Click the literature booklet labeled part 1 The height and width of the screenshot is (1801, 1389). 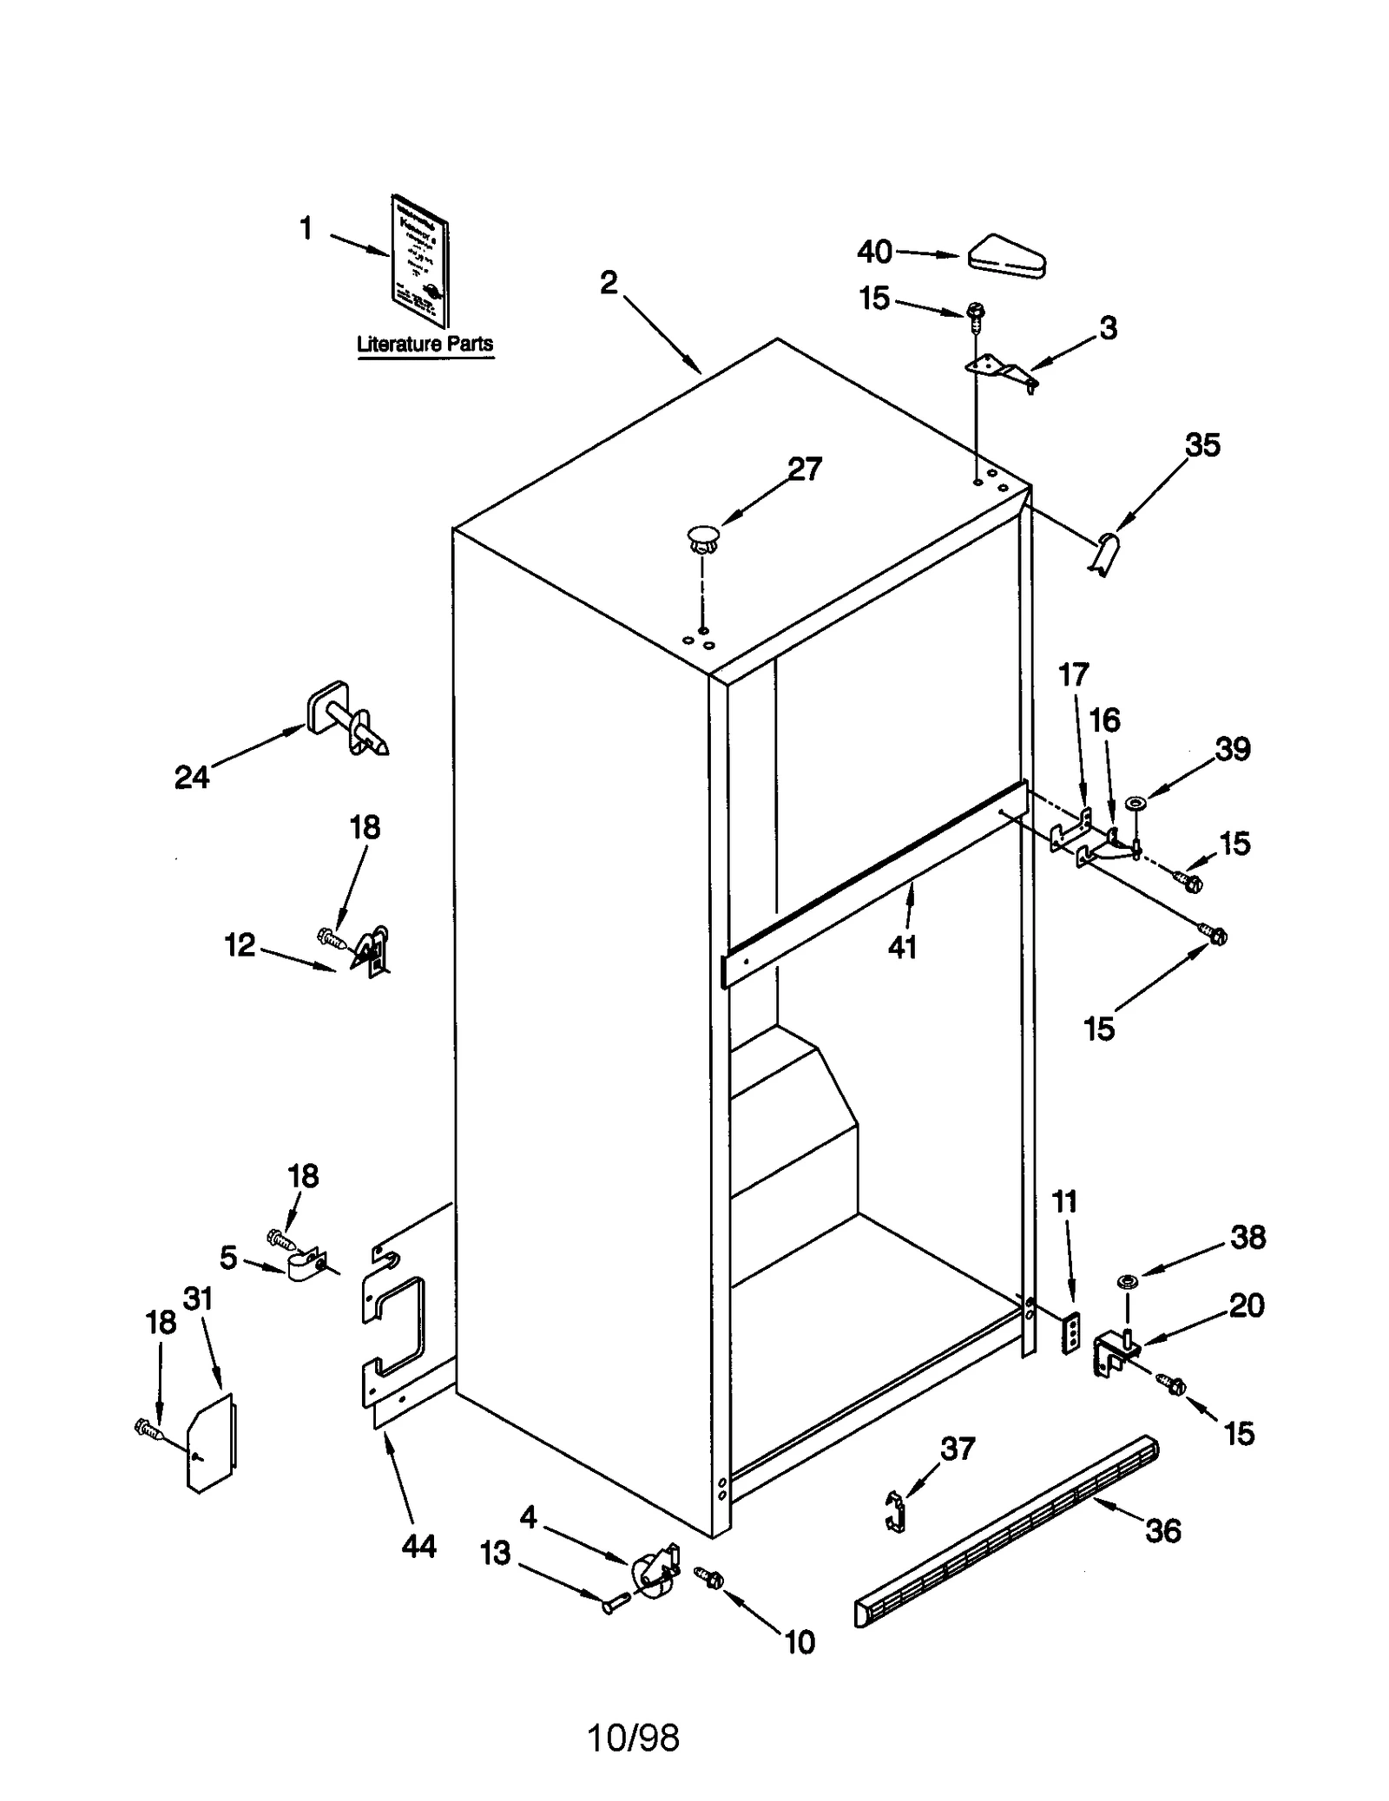tap(420, 261)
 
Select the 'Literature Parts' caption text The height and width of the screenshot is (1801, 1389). tap(425, 344)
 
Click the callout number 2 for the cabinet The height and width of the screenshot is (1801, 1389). tap(609, 283)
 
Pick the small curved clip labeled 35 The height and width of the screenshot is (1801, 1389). tap(1104, 553)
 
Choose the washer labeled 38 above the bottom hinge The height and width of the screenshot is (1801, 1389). tap(1128, 1281)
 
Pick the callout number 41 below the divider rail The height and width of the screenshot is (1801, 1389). tap(902, 948)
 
